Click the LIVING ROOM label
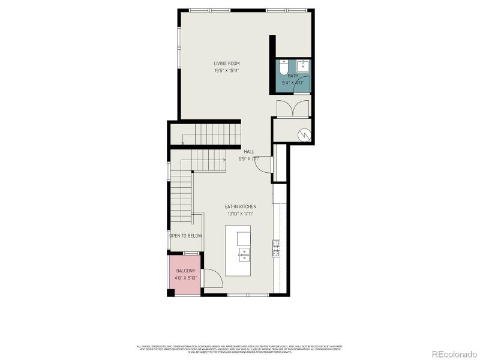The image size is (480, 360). pos(227,63)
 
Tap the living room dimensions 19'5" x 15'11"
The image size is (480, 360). pos(227,70)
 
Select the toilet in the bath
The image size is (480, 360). pos(284,67)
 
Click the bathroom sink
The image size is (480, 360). pos(304,65)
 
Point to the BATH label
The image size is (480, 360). pos(292,76)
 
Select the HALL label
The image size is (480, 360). pos(248,152)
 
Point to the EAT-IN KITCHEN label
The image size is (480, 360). pos(240,206)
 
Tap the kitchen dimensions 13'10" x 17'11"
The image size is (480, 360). pos(240,214)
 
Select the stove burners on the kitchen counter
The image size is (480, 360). pos(276,248)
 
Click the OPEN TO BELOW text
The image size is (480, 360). pos(185,236)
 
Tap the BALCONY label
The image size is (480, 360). pos(185,271)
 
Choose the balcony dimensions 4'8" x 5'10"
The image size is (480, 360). pos(185,278)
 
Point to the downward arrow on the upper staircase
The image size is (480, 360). pos(183,141)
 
